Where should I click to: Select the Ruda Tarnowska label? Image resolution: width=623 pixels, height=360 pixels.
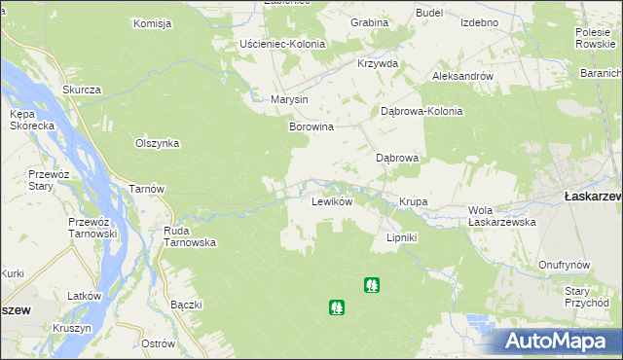[x=189, y=237]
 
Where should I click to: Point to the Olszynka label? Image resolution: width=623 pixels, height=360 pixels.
[x=157, y=143]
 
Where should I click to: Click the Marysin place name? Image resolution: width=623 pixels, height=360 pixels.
[x=289, y=100]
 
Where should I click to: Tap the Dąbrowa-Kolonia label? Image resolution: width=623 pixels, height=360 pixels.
[x=421, y=111]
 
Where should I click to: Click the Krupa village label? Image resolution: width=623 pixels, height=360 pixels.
[x=413, y=202]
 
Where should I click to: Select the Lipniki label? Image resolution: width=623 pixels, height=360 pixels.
[x=401, y=237]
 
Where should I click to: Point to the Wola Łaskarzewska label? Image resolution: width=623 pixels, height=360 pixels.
[x=502, y=216]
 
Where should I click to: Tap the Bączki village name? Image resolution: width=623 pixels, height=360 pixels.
[x=185, y=305]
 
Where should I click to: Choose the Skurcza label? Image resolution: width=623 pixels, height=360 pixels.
[x=82, y=90]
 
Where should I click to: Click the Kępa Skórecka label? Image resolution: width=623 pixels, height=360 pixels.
[x=28, y=121]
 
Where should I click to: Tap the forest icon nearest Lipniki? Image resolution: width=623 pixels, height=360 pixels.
[x=371, y=285]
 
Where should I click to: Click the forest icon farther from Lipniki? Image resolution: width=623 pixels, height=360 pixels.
[x=337, y=306]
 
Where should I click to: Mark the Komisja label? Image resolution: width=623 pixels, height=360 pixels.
[x=152, y=22]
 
